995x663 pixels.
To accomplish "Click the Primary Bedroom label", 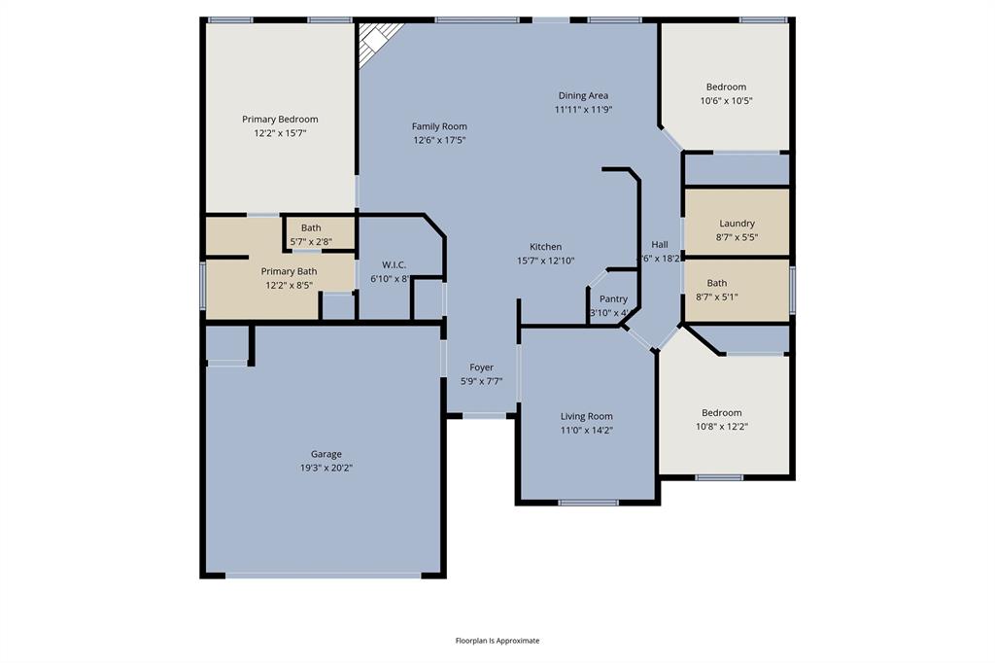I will [280, 120].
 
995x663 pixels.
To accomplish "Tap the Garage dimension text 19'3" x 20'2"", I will [326, 468].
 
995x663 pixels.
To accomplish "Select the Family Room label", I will [439, 126].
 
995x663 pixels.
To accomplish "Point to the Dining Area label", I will [583, 95].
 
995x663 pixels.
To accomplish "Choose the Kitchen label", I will [545, 247].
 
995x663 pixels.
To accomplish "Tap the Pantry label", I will [613, 299].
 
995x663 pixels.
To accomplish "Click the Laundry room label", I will [737, 224].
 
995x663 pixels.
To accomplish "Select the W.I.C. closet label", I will [394, 265].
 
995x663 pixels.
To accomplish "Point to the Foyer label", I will [481, 367].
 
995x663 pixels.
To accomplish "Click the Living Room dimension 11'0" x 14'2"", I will [586, 430].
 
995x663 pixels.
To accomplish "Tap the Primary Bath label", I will [289, 272].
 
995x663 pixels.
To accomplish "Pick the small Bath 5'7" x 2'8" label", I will [311, 241].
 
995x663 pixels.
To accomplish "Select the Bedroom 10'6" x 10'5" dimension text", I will [726, 101].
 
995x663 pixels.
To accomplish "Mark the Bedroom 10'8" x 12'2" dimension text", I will [722, 426].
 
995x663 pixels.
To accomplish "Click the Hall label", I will [660, 245].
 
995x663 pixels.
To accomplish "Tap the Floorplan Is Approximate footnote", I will [497, 641].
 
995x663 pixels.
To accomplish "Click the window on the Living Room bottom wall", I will [588, 503].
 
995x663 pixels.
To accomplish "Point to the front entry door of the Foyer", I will [483, 416].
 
